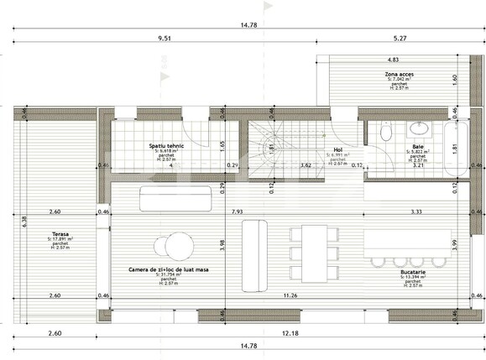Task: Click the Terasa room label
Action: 60,234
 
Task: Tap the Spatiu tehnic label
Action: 167,145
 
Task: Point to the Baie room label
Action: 417,146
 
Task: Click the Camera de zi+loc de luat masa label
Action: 170,269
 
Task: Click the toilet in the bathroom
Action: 386,132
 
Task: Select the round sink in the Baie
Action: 417,130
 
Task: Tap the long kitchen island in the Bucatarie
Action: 408,243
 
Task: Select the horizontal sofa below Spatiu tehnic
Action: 170,199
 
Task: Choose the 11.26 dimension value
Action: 290,295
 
